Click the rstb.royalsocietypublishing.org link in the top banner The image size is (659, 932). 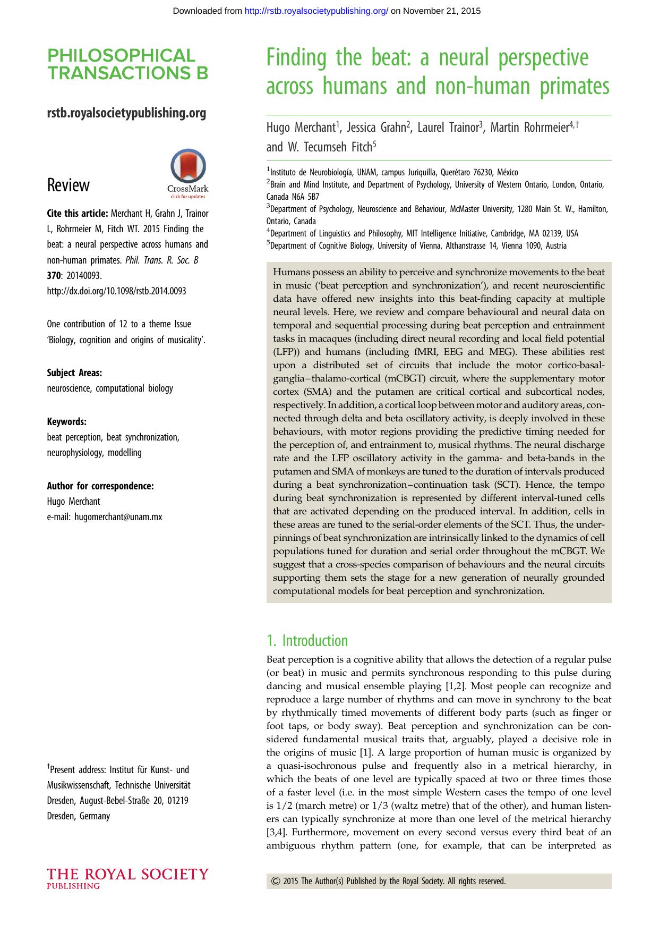click(x=316, y=11)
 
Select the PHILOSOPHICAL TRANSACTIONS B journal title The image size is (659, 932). click(x=127, y=64)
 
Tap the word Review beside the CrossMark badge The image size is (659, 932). click(x=69, y=185)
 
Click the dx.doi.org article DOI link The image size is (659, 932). click(x=116, y=291)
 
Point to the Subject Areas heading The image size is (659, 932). click(x=74, y=372)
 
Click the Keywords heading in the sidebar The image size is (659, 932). click(x=66, y=421)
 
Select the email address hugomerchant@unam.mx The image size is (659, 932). click(x=118, y=516)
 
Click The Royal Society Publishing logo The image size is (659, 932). click(x=127, y=878)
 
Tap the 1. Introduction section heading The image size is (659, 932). click(x=307, y=640)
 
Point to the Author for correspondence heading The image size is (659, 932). click(x=100, y=486)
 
